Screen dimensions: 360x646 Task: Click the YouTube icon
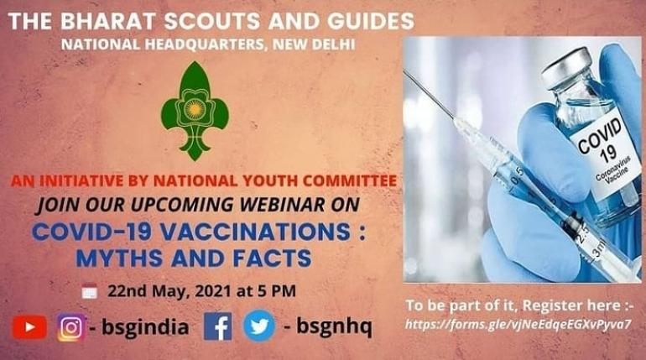coord(29,326)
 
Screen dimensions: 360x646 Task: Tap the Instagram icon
coord(71,326)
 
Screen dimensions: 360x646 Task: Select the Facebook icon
coord(218,326)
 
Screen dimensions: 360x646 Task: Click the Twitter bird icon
coord(258,326)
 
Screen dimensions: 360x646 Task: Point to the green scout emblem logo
coord(195,110)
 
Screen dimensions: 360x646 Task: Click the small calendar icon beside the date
coord(90,292)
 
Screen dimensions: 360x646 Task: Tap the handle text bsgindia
coord(143,326)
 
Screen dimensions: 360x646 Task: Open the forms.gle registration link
coord(518,323)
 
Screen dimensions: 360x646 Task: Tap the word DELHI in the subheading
coord(332,44)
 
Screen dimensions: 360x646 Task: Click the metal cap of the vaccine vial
coord(570,65)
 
